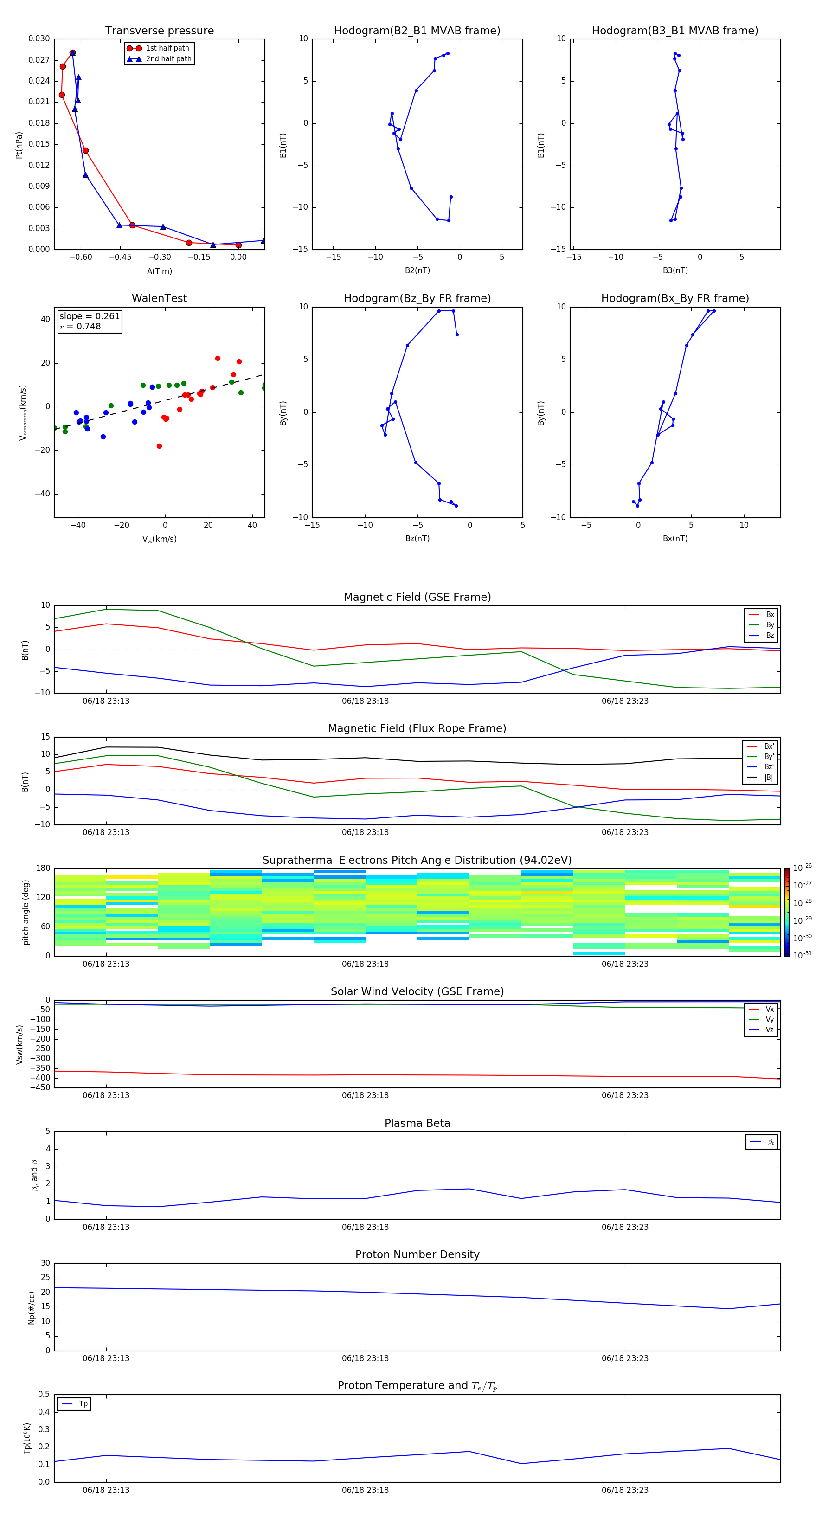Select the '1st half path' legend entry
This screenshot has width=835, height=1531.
click(x=167, y=48)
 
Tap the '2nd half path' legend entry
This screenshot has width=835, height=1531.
click(x=168, y=59)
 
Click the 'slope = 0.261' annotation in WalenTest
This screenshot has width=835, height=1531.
click(x=89, y=316)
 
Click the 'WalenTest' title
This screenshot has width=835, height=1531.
click(x=159, y=298)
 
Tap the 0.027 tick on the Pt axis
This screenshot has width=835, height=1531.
click(x=39, y=60)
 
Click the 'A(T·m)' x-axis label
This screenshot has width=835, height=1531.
click(x=159, y=271)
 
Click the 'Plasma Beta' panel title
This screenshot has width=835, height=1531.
click(x=417, y=1123)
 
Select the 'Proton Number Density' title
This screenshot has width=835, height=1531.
click(x=417, y=1254)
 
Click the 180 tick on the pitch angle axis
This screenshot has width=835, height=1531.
click(x=44, y=868)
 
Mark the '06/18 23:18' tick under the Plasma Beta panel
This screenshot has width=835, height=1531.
click(x=365, y=1227)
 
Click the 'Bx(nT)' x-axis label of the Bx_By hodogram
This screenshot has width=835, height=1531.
click(x=674, y=539)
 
